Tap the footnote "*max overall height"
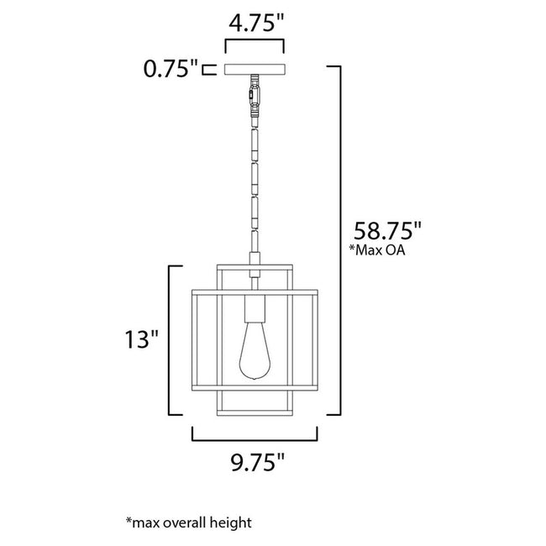[188, 522]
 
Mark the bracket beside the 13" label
[174, 340]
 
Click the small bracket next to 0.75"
[209, 69]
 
